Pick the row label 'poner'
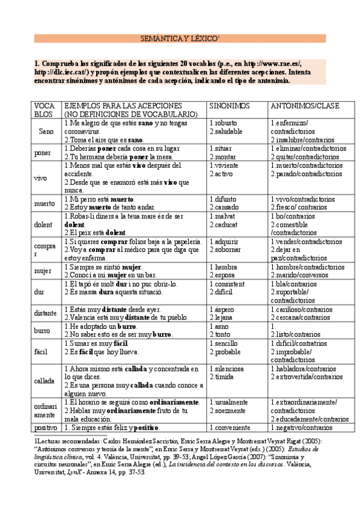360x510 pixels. point(43,153)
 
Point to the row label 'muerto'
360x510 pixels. point(44,203)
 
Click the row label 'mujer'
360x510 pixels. point(43,271)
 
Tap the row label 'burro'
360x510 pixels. point(42,330)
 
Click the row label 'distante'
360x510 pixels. point(46,313)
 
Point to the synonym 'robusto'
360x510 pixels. point(227,123)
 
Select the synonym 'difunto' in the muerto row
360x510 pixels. point(227,199)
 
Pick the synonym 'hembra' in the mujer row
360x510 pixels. point(227,266)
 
